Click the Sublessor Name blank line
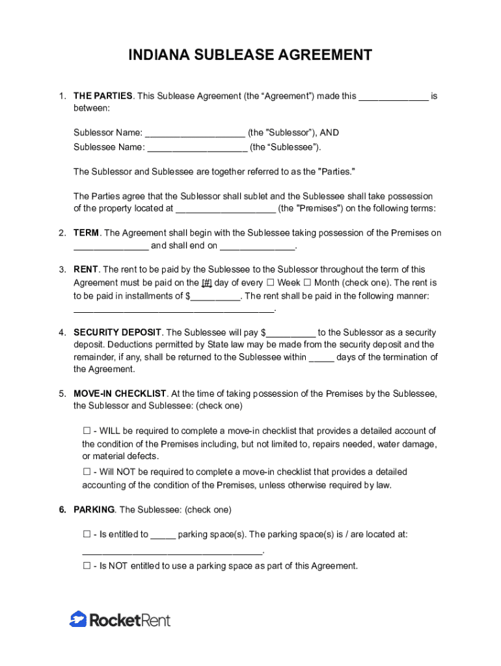point(195,133)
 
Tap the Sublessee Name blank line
point(198,148)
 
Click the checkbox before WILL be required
point(87,431)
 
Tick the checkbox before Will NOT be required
point(87,472)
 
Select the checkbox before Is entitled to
point(87,535)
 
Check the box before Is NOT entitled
point(87,566)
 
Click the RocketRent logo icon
point(78,619)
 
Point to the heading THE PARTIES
point(103,96)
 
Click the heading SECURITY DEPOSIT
point(117,332)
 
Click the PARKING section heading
point(94,509)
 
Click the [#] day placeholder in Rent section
point(207,283)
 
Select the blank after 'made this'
point(394,97)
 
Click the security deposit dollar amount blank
point(291,333)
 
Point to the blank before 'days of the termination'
point(321,358)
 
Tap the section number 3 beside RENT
point(62,269)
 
